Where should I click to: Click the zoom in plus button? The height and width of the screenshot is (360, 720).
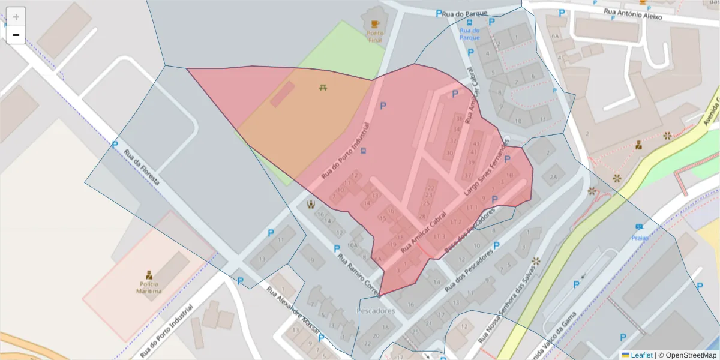[x=16, y=17]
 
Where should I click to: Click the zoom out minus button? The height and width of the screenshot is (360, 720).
[x=16, y=35]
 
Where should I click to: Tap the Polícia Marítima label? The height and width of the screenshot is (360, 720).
[x=149, y=288]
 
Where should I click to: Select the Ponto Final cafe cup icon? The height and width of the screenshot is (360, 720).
[x=375, y=24]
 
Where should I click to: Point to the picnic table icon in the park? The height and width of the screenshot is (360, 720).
[x=323, y=88]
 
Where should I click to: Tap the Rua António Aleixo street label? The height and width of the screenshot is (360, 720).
[x=632, y=14]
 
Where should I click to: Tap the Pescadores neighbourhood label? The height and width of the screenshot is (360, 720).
[x=376, y=311]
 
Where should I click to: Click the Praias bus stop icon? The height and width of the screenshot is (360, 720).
[x=640, y=227]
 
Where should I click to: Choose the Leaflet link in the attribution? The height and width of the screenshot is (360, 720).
[x=641, y=355]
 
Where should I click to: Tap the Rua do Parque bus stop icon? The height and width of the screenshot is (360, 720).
[x=469, y=22]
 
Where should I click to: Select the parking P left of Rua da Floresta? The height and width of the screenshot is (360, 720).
[x=115, y=145]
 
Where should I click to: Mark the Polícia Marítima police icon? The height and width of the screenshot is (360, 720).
[x=149, y=275]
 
